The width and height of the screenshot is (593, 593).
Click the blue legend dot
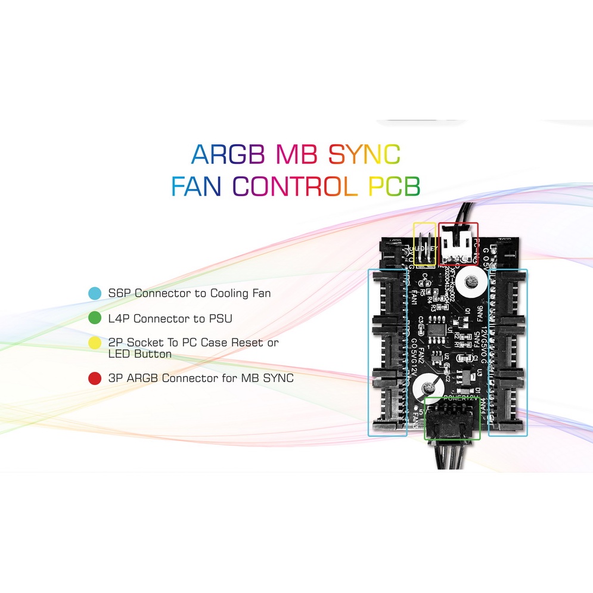[94, 293]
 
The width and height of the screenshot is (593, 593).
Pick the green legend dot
[94, 319]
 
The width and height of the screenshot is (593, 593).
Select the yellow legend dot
[94, 343]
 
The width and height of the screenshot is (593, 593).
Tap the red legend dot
[94, 378]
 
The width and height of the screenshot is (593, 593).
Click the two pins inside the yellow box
[425, 254]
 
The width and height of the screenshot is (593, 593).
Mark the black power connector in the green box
[452, 423]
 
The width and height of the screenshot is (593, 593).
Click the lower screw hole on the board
[426, 388]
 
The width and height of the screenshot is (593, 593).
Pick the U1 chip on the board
[437, 330]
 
